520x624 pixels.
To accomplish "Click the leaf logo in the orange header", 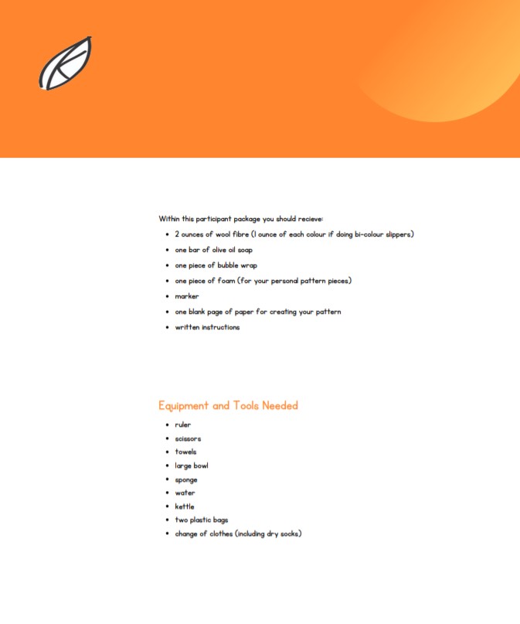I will coord(66,63).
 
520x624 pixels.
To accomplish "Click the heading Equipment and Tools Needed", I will coord(228,406).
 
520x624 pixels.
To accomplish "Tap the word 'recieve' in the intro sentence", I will coord(317,219).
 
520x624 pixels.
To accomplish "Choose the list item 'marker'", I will coord(186,296).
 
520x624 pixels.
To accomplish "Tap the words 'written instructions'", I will coord(207,327).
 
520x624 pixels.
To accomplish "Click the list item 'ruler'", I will coord(182,425).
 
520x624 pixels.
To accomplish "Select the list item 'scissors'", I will coord(188,438).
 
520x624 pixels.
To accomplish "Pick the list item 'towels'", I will coord(185,452).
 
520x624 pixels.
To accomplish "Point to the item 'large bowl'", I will coord(192,465).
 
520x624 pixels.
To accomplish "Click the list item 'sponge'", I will coord(186,479).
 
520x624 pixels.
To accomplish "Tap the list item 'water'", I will coord(185,493).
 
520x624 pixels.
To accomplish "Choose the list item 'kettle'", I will coord(185,506).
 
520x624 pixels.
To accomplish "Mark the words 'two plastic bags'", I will coord(201,520).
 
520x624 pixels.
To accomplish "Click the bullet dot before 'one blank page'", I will coord(167,312).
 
